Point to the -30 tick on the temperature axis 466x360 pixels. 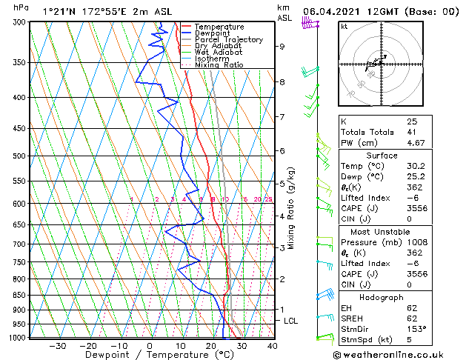[x=58, y=346]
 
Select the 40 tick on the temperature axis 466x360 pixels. [x=272, y=346]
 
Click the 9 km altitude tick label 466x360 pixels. [x=282, y=46]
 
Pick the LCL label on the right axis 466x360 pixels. [x=291, y=321]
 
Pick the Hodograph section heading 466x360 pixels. [x=381, y=297]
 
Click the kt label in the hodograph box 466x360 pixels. [x=344, y=27]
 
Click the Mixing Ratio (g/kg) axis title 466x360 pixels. [x=292, y=207]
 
